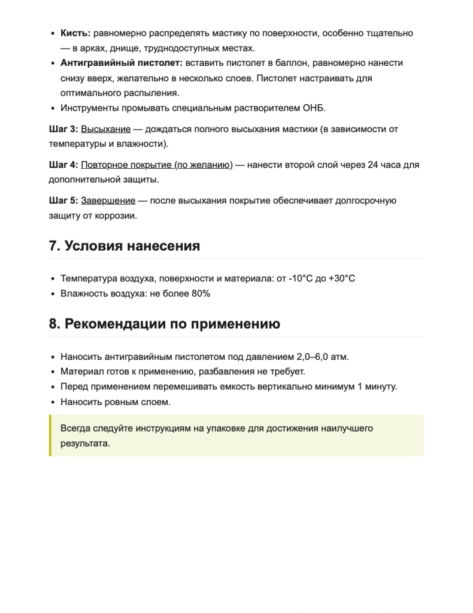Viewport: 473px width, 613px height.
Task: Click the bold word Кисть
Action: pos(75,33)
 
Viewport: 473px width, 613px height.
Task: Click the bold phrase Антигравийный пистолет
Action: pos(122,63)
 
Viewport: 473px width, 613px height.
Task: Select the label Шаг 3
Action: pos(63,129)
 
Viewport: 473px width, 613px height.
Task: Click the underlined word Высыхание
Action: pos(105,129)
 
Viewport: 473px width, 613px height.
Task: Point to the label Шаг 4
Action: pos(63,165)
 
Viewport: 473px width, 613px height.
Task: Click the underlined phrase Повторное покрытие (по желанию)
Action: pos(156,165)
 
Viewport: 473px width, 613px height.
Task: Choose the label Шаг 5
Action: pos(63,201)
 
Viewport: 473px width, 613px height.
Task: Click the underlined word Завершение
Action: pos(108,201)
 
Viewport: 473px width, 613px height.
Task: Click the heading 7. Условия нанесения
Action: pos(125,246)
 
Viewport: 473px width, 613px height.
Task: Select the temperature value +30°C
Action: pos(342,279)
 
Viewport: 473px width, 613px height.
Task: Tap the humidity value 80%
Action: pos(201,294)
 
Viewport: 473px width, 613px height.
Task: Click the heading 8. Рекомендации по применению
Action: pos(165,324)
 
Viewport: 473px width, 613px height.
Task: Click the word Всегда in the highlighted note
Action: pos(76,429)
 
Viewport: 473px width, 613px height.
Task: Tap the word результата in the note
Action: pos(85,444)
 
